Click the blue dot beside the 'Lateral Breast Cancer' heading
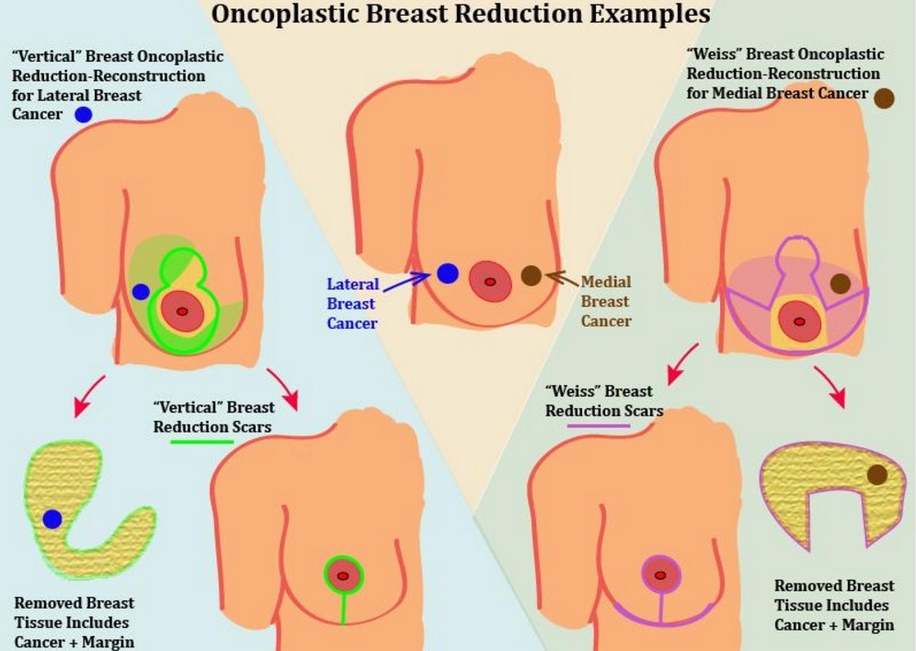[83, 115]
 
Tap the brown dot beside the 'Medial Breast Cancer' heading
[885, 99]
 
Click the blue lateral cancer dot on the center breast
[447, 273]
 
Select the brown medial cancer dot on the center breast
[531, 274]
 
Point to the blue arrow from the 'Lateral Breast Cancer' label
[405, 280]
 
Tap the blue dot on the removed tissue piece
[52, 519]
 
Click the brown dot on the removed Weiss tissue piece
[876, 474]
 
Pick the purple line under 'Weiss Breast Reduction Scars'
[599, 425]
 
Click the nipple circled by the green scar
[343, 576]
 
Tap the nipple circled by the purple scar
[659, 575]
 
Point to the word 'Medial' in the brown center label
[605, 282]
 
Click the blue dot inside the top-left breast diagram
[141, 292]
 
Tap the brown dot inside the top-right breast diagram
[840, 284]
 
